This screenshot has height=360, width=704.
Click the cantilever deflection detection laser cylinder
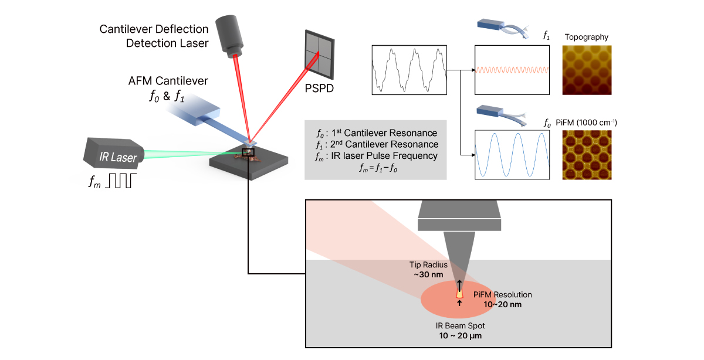[x=231, y=35]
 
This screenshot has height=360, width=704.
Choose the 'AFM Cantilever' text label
[x=168, y=81]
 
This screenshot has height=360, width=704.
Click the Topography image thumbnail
[x=587, y=70]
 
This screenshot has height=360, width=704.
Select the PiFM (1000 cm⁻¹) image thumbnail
[x=587, y=155]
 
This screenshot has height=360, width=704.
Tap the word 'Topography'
[x=587, y=38]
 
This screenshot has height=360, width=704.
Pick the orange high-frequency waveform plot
[x=512, y=70]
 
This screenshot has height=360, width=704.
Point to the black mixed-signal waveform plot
[x=409, y=70]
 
